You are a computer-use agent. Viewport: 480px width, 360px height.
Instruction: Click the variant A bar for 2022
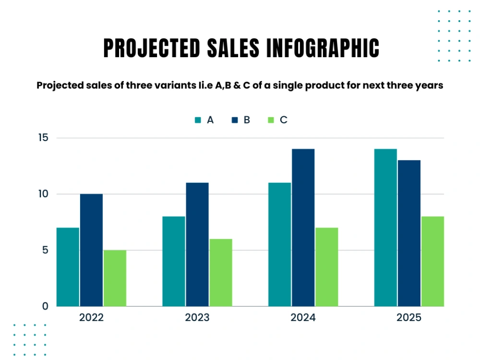pyautogui.click(x=68, y=267)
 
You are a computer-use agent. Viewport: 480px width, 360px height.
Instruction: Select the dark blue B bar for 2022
pyautogui.click(x=92, y=250)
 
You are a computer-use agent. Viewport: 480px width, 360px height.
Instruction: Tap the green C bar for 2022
pyautogui.click(x=115, y=278)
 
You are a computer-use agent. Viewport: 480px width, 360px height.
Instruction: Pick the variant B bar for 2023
pyautogui.click(x=197, y=245)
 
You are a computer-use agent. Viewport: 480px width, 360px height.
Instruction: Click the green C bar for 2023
pyautogui.click(x=221, y=273)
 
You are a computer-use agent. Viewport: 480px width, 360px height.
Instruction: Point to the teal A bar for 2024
pyautogui.click(x=280, y=245)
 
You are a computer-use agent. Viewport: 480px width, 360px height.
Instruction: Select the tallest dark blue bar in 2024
pyautogui.click(x=303, y=228)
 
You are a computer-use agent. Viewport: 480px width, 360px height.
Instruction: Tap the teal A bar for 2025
pyautogui.click(x=386, y=228)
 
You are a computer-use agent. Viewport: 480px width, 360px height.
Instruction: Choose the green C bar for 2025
pyautogui.click(x=432, y=262)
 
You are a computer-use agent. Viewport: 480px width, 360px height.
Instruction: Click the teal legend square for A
pyautogui.click(x=198, y=120)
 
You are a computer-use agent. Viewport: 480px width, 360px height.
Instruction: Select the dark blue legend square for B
pyautogui.click(x=235, y=120)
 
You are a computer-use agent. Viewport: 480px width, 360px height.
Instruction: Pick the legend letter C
pyautogui.click(x=284, y=120)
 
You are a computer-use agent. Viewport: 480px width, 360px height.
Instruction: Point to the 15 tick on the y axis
pyautogui.click(x=44, y=138)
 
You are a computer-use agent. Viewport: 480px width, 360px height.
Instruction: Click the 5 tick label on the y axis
pyautogui.click(x=45, y=251)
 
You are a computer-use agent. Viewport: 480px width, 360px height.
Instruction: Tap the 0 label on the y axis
pyautogui.click(x=45, y=306)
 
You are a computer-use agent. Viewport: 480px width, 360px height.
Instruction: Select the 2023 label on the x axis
pyautogui.click(x=197, y=317)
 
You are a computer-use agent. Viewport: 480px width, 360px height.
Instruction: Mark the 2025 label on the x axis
pyautogui.click(x=409, y=317)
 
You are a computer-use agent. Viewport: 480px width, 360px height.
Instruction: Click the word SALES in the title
pyautogui.click(x=233, y=48)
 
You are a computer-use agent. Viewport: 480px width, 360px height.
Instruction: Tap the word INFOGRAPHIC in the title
pyautogui.click(x=323, y=48)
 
